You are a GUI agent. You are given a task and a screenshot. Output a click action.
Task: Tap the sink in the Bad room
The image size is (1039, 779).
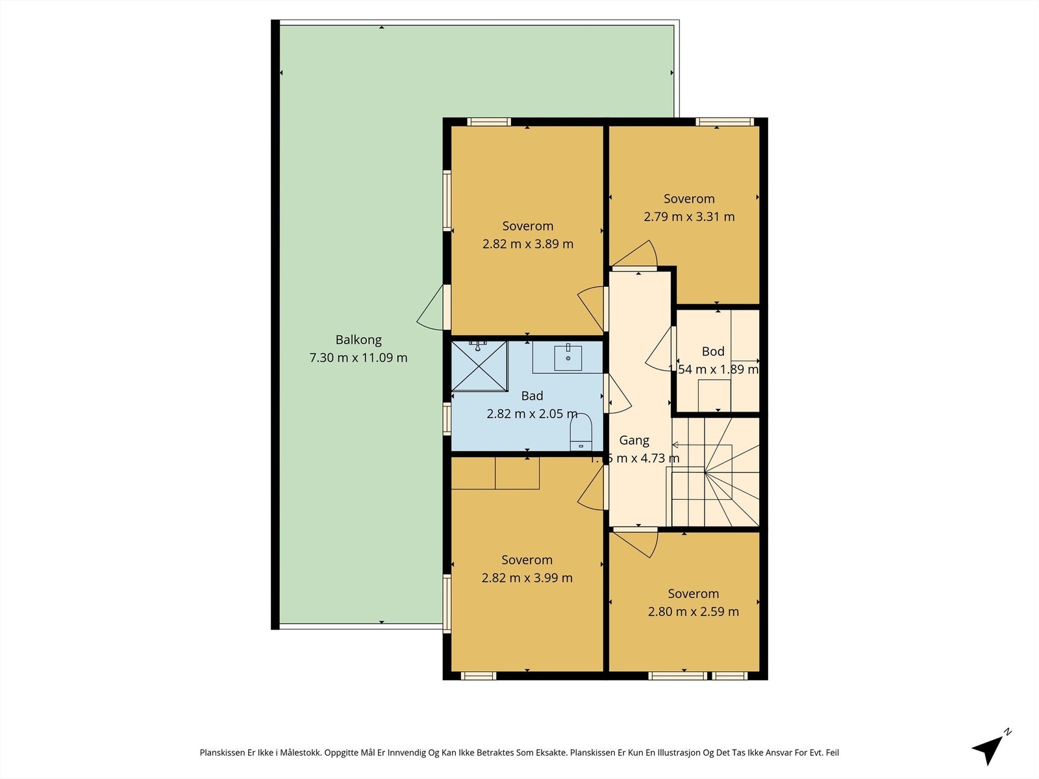click(x=568, y=358)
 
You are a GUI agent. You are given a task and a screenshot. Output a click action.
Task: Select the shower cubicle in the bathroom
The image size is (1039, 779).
click(x=479, y=367)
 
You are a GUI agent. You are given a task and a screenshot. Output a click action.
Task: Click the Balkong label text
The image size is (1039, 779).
click(x=358, y=340)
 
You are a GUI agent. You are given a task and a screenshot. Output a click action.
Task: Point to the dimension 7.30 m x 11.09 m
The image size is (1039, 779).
click(x=358, y=358)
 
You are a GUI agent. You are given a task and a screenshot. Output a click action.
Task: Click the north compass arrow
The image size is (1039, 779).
click(x=990, y=748)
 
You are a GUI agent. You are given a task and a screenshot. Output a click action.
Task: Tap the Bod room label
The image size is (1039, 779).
click(x=712, y=351)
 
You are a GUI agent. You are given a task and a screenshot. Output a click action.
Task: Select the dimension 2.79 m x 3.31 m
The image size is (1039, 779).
click(x=689, y=217)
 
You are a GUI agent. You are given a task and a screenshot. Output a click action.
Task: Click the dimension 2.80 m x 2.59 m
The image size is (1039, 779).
click(x=693, y=612)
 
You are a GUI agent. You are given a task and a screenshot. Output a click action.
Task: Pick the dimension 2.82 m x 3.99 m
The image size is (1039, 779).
click(x=527, y=578)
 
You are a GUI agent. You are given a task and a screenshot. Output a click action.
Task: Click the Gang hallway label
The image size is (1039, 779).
click(x=634, y=440)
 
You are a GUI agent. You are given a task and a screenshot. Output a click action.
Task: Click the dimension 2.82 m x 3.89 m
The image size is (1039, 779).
click(x=527, y=244)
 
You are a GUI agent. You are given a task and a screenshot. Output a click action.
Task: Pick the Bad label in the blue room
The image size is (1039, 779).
click(x=532, y=395)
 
